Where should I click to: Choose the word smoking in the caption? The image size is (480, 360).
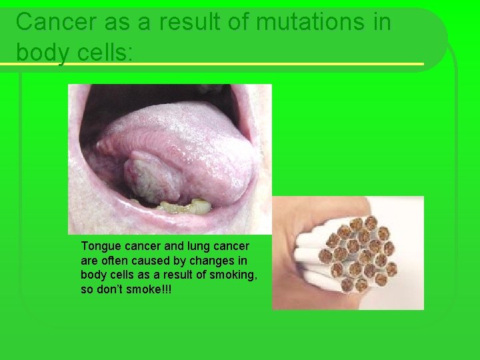[x=236, y=275]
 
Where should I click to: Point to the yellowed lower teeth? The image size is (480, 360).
[x=187, y=205]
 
